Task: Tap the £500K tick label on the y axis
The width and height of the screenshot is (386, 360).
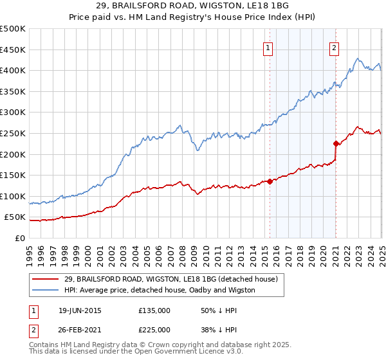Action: tap(14, 29)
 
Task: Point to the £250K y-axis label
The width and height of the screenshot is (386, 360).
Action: tap(14, 133)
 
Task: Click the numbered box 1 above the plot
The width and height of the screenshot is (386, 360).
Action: tap(268, 46)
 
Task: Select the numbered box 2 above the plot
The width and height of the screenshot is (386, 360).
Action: tap(335, 46)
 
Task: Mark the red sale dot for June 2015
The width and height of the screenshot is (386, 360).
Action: tap(270, 181)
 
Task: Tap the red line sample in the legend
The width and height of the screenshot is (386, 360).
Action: tap(46, 279)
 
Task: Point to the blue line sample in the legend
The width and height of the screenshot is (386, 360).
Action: tap(46, 290)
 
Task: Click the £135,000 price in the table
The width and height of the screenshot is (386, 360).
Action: tap(154, 310)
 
